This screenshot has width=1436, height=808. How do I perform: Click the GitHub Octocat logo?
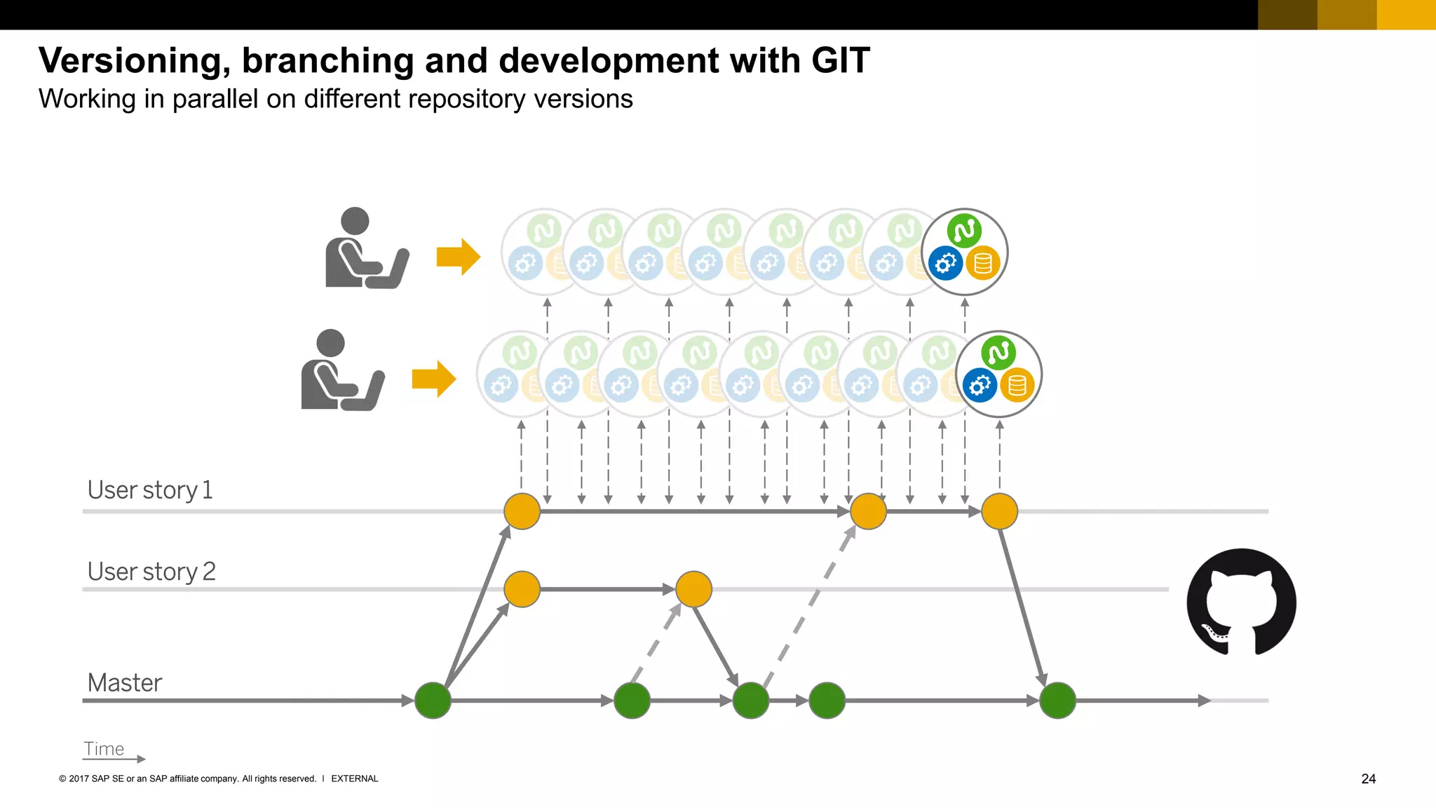click(1241, 602)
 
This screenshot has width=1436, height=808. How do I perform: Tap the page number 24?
click(1368, 779)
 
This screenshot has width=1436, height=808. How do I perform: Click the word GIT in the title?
click(840, 60)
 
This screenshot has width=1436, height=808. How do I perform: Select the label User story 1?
click(149, 490)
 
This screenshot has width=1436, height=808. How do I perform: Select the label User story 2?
click(151, 572)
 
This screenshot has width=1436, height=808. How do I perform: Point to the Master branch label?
click(124, 682)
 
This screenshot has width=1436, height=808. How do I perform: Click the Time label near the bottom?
click(104, 749)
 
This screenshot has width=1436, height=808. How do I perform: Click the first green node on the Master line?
click(433, 700)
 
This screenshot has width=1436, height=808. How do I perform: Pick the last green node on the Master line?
click(1057, 700)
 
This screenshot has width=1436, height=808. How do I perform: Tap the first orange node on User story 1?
click(522, 511)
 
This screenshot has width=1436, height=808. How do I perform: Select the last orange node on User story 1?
click(999, 511)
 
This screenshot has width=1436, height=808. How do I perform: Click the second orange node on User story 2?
click(693, 588)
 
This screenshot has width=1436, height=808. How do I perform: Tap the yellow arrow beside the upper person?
click(458, 257)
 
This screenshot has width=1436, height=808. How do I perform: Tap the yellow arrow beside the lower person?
click(433, 379)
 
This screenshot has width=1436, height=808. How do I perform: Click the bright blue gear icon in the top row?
click(945, 264)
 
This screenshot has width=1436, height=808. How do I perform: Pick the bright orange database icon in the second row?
click(1017, 386)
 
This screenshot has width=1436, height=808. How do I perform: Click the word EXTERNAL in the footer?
click(354, 779)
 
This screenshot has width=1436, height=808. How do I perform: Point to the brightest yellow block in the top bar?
click(1406, 15)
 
